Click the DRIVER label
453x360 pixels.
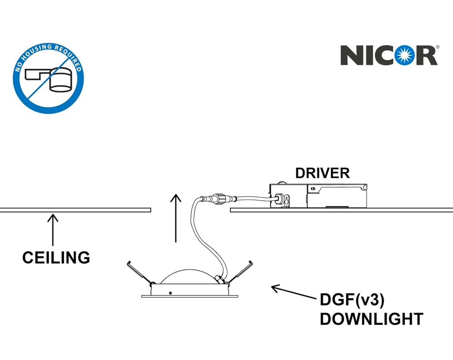click(322, 173)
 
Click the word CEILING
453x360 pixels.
click(56, 257)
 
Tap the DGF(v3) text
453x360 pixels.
click(352, 300)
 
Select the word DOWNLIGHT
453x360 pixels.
click(372, 319)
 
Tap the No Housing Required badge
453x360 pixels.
click(49, 78)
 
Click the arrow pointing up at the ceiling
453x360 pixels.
click(53, 230)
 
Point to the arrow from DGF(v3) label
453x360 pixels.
click(293, 292)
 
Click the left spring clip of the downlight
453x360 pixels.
click(140, 273)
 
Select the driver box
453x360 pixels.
click(319, 195)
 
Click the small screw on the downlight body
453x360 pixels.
click(170, 293)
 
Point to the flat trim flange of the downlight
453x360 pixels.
click(190, 296)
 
